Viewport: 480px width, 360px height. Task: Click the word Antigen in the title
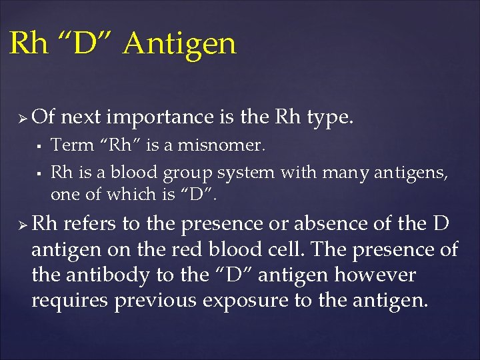click(x=180, y=44)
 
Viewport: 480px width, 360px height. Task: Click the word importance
click(x=159, y=117)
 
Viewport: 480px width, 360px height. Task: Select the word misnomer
click(x=229, y=145)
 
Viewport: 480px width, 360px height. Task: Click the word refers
click(x=89, y=224)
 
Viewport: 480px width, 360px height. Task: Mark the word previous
click(x=157, y=300)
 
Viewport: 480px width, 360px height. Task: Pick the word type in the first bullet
click(x=330, y=118)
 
